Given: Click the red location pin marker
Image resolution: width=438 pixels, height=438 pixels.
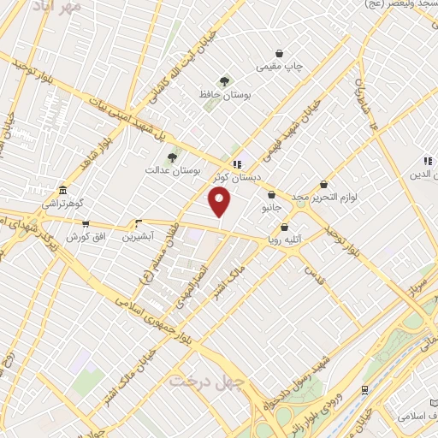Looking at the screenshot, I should [222, 202].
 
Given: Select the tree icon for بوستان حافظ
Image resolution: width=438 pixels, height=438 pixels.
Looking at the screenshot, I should [224, 82].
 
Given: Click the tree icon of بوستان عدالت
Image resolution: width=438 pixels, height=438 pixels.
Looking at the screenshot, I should [172, 157].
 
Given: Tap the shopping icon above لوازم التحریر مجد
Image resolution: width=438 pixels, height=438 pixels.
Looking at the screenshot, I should [323, 184].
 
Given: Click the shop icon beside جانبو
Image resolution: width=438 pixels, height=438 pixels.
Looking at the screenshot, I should [271, 195].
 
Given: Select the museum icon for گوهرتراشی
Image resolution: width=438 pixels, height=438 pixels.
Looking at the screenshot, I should [62, 190].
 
